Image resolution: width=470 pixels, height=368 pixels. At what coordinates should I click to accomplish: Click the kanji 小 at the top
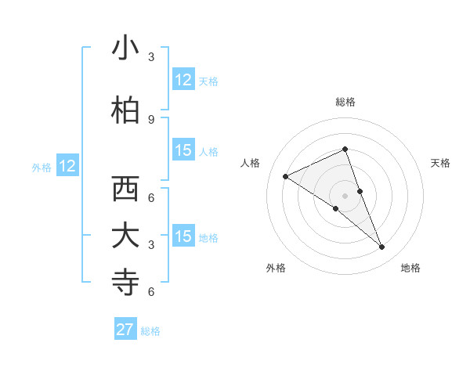(125, 49)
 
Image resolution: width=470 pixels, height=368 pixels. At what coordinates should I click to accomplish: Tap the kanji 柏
(125, 110)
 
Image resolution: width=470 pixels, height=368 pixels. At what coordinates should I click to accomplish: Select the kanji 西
(125, 189)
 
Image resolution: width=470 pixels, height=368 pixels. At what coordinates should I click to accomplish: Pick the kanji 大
(125, 236)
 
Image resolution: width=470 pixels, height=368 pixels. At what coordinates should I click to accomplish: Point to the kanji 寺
(125, 283)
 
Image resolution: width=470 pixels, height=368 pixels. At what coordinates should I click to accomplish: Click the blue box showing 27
(125, 330)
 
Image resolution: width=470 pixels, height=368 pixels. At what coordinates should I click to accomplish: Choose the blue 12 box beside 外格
(67, 166)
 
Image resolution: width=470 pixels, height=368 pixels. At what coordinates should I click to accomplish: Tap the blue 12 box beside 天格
(183, 80)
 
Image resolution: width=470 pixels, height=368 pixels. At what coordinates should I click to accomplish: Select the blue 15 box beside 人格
(183, 151)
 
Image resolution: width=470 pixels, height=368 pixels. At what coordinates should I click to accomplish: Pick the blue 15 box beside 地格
(183, 237)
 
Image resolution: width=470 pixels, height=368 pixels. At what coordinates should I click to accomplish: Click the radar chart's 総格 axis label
(345, 102)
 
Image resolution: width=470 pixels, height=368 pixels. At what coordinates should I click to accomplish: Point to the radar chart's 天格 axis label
(440, 163)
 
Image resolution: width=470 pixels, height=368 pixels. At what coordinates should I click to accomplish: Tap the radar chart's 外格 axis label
(276, 268)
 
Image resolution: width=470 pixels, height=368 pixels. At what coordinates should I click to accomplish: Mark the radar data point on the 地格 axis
(382, 247)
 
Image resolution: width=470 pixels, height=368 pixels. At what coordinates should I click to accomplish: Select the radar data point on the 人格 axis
(285, 176)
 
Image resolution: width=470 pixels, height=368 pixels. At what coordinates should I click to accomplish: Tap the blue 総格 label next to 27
(150, 330)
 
